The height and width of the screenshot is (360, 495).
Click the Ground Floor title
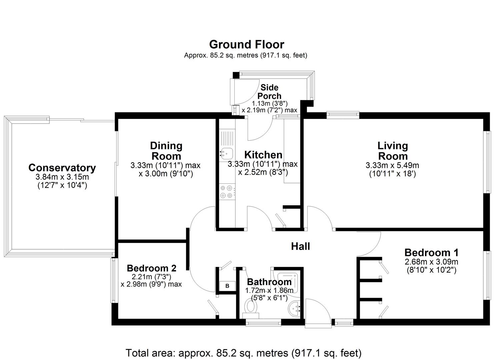click(x=246, y=44)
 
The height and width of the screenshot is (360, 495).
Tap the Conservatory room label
click(x=62, y=168)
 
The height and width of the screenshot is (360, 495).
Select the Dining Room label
click(x=166, y=151)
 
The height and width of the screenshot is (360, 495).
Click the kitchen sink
click(x=226, y=154)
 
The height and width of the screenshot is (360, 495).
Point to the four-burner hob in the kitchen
click(x=226, y=192)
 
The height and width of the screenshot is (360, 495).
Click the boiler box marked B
click(x=227, y=286)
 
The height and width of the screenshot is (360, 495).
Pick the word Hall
click(x=300, y=246)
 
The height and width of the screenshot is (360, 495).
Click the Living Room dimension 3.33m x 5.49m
click(x=392, y=165)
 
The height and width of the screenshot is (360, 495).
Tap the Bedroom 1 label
click(x=431, y=252)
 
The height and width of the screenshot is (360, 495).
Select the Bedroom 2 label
click(x=151, y=268)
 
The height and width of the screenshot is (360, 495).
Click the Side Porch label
click(x=269, y=92)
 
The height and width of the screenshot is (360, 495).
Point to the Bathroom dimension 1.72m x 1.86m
click(x=269, y=290)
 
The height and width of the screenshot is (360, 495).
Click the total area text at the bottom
click(x=243, y=353)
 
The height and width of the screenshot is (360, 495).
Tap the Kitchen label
click(x=263, y=155)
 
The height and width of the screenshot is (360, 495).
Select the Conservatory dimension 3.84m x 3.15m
click(x=62, y=177)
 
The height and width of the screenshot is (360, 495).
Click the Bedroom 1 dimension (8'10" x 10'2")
click(x=431, y=270)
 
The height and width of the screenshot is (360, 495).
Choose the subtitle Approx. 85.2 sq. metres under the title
click(x=246, y=55)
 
